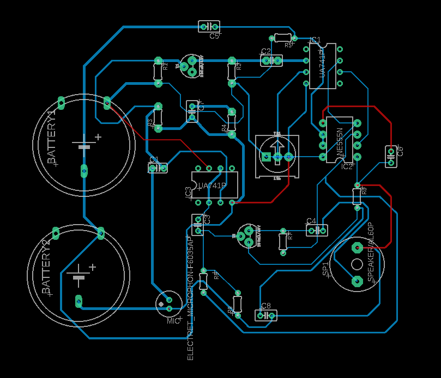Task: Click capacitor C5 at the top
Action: tap(209, 26)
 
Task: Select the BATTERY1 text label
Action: tap(52, 137)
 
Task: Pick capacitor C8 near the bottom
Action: tap(265, 315)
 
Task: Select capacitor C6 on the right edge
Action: tap(391, 156)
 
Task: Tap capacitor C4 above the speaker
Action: tap(317, 230)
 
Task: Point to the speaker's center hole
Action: tap(357, 264)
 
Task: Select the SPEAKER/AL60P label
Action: tap(371, 252)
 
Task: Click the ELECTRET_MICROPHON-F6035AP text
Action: tap(190, 298)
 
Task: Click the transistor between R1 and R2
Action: tap(191, 66)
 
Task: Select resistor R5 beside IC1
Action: tap(282, 38)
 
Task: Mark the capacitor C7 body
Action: tap(191, 111)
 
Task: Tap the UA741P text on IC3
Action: tap(212, 186)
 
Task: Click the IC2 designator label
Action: tap(347, 166)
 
